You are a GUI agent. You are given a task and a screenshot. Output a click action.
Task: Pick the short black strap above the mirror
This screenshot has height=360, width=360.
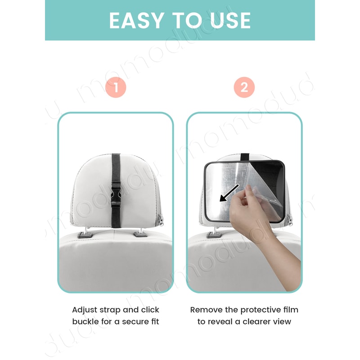tap(244, 157)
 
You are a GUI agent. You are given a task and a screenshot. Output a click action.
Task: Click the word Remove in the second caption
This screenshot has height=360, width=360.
tap(206, 310)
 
